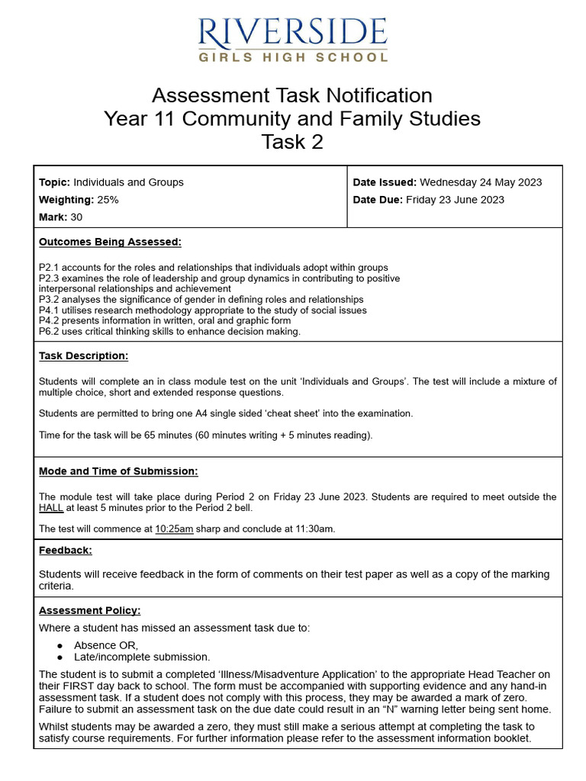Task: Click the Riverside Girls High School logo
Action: point(292,40)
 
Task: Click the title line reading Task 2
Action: point(292,142)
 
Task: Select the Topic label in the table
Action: point(54,182)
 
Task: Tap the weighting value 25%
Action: point(108,200)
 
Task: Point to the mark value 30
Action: point(76,217)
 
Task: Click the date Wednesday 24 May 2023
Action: point(481,182)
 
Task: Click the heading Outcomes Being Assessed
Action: point(110,243)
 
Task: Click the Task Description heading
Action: point(83,356)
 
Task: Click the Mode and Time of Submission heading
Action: point(118,471)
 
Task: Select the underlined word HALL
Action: point(51,507)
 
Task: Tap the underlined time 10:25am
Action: point(174,529)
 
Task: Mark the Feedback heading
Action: point(65,550)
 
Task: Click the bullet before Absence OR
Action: point(60,645)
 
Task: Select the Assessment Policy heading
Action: point(89,611)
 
